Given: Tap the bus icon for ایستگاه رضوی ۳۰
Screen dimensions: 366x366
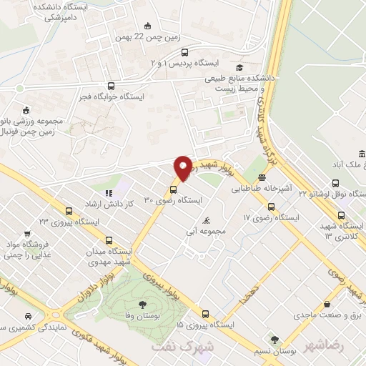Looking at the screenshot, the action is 172,189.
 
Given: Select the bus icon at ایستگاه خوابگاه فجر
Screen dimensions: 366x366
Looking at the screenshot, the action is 110,86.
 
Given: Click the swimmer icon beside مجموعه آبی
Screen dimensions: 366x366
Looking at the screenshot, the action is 207,219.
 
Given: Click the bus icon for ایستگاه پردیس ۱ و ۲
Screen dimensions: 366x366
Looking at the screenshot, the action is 186,51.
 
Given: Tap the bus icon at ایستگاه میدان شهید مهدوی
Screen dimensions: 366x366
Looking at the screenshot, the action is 109,241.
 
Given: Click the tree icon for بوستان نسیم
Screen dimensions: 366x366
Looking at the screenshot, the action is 274,339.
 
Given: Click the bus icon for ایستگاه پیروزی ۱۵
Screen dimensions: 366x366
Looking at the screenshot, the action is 206,313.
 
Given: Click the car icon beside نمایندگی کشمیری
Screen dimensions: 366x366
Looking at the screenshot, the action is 27,316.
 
